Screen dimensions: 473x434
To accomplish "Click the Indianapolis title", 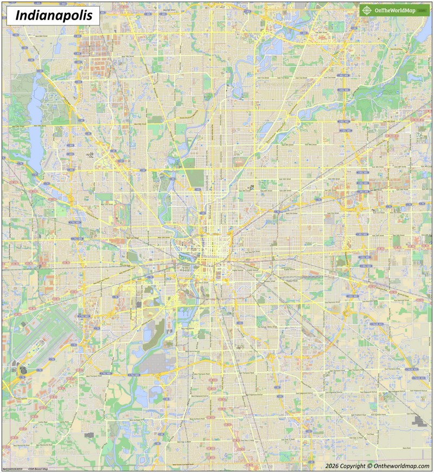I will [x=53, y=15].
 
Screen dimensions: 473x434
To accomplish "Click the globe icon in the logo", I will [x=367, y=10].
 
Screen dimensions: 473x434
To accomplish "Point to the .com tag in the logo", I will [x=421, y=11].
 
